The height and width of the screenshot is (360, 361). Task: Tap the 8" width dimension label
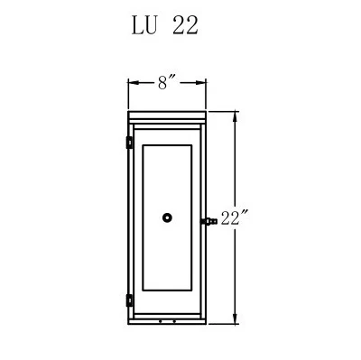coord(167,82)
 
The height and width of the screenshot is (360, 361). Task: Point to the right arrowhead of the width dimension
coord(204,82)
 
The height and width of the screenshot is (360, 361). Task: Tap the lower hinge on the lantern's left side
coord(129,300)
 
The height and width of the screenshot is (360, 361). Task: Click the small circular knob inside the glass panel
coord(167,217)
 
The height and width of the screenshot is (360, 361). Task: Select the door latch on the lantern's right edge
coord(208,220)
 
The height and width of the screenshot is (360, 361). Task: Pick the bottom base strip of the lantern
coord(167,320)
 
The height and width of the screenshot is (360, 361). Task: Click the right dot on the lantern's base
coord(173,320)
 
